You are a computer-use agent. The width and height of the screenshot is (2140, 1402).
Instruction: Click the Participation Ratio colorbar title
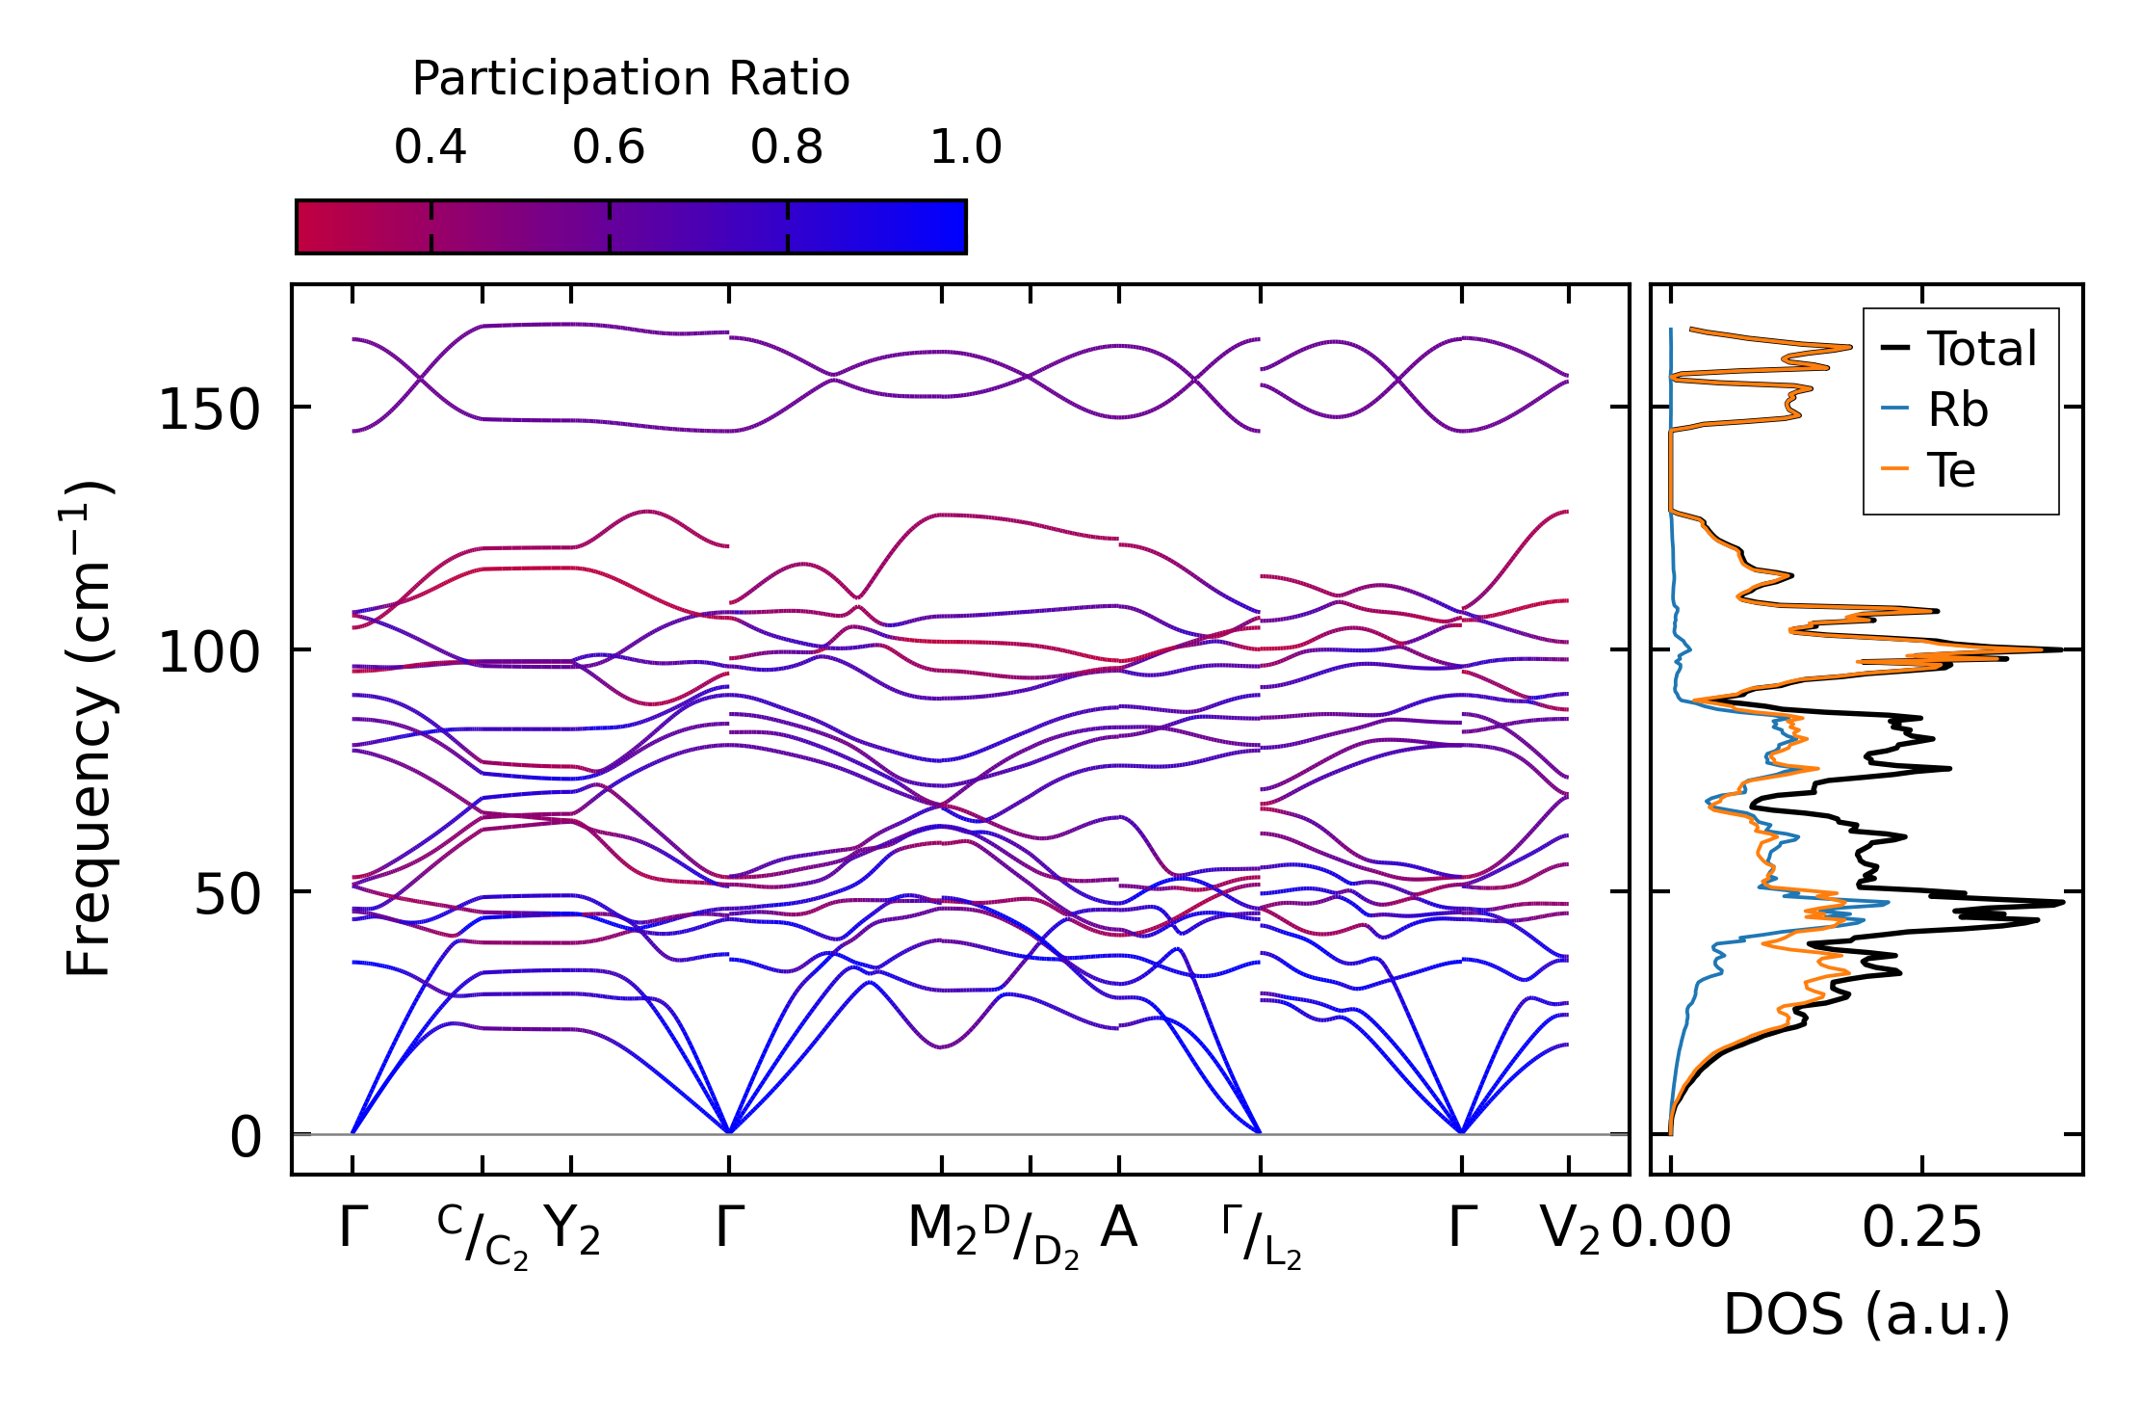click(631, 79)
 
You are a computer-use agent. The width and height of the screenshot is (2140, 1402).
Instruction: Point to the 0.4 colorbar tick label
click(430, 147)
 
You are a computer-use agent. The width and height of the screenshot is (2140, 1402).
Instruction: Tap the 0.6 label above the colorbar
click(608, 147)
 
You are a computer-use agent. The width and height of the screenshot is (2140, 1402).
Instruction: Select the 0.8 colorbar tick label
click(787, 147)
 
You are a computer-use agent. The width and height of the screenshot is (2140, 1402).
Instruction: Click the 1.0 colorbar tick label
click(966, 147)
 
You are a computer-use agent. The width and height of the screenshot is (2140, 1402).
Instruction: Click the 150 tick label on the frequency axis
click(209, 410)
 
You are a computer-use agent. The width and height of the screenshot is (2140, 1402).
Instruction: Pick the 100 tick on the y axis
click(209, 652)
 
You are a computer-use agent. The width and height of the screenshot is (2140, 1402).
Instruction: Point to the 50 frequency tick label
click(227, 895)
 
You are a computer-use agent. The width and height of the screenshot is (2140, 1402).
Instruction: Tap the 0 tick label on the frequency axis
click(246, 1137)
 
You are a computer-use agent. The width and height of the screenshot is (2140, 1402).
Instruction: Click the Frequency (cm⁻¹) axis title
click(89, 728)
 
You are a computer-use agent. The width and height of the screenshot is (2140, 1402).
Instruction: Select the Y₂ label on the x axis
click(572, 1230)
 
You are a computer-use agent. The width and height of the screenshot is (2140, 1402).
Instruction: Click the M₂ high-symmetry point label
click(942, 1230)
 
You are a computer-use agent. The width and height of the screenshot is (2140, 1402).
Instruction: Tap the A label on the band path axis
click(1118, 1229)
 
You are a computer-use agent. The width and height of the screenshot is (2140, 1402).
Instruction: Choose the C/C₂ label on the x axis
click(483, 1235)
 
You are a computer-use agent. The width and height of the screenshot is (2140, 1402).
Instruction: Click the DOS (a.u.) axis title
click(1866, 1315)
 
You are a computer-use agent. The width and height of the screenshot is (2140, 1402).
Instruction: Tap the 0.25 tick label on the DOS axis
click(1921, 1229)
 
